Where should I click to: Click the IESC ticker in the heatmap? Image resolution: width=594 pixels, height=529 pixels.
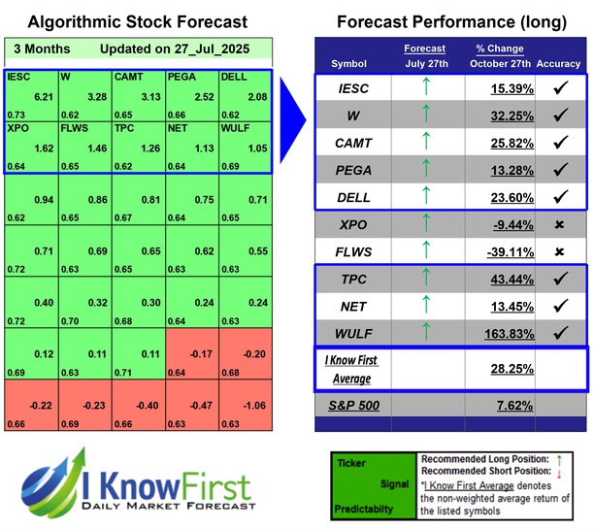[x=17, y=75]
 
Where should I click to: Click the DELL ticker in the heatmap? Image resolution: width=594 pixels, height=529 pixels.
[x=234, y=75]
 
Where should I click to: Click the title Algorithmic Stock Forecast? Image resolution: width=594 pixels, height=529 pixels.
[x=137, y=21]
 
